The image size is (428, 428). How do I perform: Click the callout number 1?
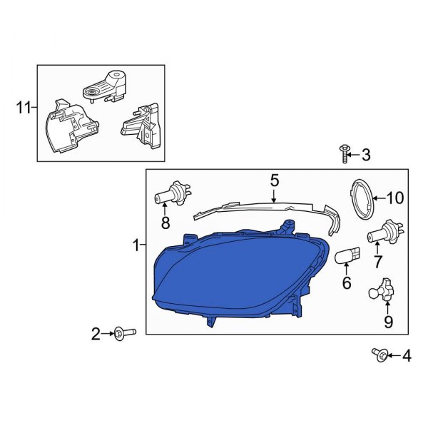136,246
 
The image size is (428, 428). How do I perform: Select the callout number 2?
96,333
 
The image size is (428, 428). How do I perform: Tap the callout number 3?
366,155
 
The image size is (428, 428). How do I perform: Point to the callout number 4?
407,355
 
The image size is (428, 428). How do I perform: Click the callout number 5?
274,181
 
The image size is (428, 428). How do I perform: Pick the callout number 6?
347,283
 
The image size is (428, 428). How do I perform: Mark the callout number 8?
165,223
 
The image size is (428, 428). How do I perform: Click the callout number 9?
388,322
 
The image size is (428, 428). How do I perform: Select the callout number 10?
395,198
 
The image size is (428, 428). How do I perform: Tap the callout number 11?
23,108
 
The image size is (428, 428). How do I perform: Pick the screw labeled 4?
379,354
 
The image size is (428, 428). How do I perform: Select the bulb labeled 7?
385,233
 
